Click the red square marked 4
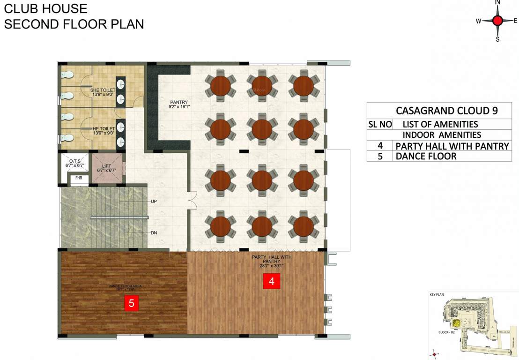272,281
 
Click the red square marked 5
131,303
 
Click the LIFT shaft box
108,168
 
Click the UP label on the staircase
154,201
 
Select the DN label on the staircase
154,233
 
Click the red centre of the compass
497,20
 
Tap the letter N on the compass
497,3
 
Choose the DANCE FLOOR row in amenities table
426,156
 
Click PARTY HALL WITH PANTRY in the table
452,146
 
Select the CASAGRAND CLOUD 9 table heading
446,111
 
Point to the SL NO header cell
379,124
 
